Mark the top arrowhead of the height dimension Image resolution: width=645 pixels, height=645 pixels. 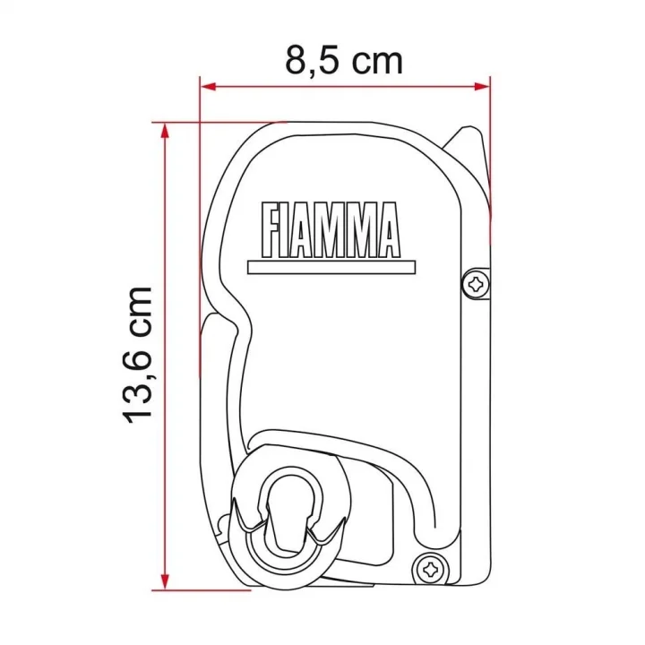(x=163, y=131)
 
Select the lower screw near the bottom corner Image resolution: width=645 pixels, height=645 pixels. (x=432, y=565)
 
